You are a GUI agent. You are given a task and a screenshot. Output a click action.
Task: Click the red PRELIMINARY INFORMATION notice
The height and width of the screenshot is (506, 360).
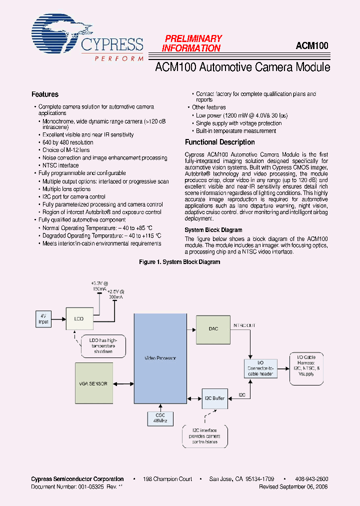coord(192,43)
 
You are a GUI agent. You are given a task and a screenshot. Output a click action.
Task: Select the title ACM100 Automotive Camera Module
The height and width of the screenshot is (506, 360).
coord(242,67)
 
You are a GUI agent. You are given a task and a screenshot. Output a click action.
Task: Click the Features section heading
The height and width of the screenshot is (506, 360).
coord(45,94)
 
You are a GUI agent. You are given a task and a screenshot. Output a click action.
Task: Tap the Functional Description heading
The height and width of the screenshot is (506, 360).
coord(219,142)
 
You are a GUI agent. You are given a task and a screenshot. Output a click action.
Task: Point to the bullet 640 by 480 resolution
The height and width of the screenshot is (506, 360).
coord(68,142)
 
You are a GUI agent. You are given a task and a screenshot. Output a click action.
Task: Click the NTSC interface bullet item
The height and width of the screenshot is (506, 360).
coord(60,165)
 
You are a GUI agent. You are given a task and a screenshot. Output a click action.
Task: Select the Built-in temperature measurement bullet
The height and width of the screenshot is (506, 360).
coord(236,131)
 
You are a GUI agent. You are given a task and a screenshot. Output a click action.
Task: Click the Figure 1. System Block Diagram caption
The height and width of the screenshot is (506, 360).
coord(179,262)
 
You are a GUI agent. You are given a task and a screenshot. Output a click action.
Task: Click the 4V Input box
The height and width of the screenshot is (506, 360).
coord(43,318)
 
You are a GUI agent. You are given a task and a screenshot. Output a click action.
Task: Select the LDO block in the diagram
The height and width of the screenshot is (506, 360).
coord(79,318)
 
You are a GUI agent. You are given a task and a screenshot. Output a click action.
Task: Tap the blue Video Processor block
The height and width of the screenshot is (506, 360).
coord(160,357)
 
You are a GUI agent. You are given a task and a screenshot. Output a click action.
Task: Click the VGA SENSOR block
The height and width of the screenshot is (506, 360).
coord(93,383)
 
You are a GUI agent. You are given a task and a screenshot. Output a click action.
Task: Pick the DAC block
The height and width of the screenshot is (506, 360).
coord(213,329)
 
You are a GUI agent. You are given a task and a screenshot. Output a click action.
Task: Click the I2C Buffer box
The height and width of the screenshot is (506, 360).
coord(215,398)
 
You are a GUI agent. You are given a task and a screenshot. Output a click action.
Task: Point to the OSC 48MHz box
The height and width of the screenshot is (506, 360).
coord(160,418)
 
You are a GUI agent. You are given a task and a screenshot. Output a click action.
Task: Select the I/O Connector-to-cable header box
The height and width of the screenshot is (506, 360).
coord(260,368)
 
